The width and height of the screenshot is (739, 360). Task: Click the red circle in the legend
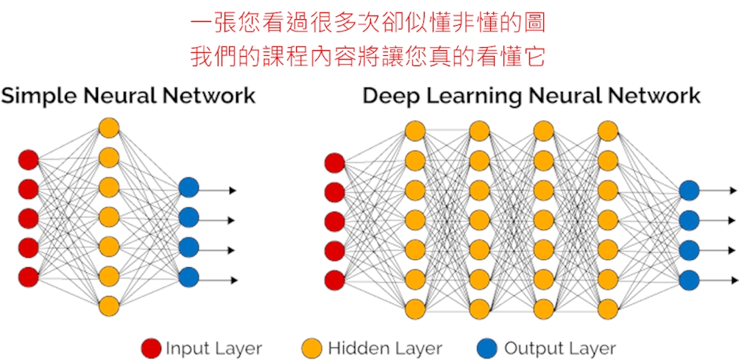click(151, 347)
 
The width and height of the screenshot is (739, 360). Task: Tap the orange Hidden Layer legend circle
click(313, 347)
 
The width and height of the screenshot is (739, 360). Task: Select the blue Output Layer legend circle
click(489, 347)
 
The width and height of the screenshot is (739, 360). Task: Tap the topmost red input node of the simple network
click(28, 159)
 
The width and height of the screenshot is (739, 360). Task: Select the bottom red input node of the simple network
click(28, 277)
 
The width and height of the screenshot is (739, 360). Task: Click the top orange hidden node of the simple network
click(108, 128)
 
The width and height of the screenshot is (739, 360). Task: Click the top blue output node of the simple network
click(188, 188)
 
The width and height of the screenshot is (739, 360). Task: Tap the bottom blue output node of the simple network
click(188, 278)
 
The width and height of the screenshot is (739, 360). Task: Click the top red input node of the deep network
click(335, 163)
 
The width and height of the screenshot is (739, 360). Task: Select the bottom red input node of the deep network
click(335, 280)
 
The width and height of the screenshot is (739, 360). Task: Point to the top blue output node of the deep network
click(689, 191)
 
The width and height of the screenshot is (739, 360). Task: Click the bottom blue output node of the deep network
click(689, 280)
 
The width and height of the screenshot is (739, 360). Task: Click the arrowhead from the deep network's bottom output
click(734, 280)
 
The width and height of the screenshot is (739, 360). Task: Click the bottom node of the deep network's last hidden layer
click(608, 307)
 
